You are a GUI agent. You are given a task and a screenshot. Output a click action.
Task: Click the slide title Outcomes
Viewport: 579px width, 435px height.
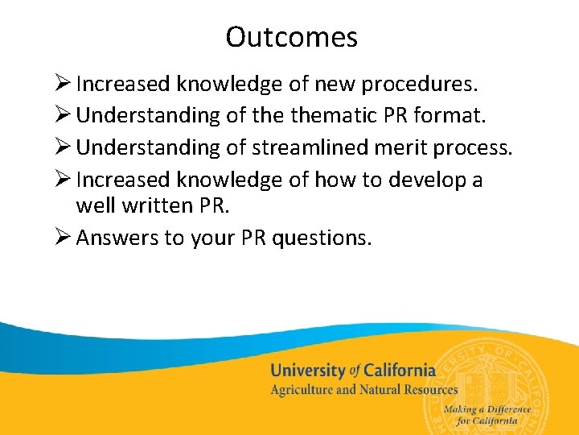pos(291,37)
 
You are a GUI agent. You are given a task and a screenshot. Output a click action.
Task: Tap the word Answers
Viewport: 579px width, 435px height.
pos(117,238)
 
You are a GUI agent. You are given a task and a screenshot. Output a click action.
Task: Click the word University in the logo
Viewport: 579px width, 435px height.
pos(307,371)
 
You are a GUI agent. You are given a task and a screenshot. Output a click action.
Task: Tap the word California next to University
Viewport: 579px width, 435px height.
pos(399,371)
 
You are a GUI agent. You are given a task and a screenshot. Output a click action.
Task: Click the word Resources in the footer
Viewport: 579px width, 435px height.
pos(427,390)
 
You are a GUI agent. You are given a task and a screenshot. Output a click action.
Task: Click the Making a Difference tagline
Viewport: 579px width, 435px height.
pos(487,409)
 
